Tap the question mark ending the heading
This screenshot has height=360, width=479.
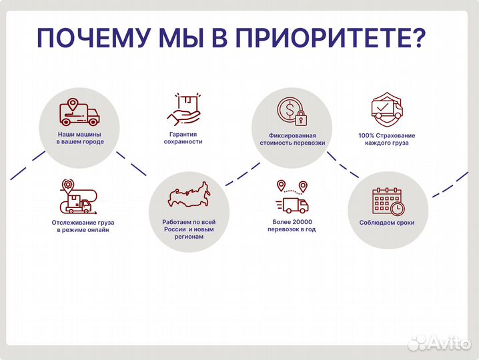[415, 38]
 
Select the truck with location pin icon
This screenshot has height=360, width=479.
[79, 113]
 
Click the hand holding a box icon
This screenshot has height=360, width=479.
[184, 109]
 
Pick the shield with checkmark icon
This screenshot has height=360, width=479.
[386, 109]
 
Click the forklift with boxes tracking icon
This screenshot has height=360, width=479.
[78, 197]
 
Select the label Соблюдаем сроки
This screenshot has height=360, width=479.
[387, 223]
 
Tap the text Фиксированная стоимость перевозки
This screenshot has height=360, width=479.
[292, 138]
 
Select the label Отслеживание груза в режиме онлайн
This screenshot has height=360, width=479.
[78, 226]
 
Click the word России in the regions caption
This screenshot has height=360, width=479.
[173, 229]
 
